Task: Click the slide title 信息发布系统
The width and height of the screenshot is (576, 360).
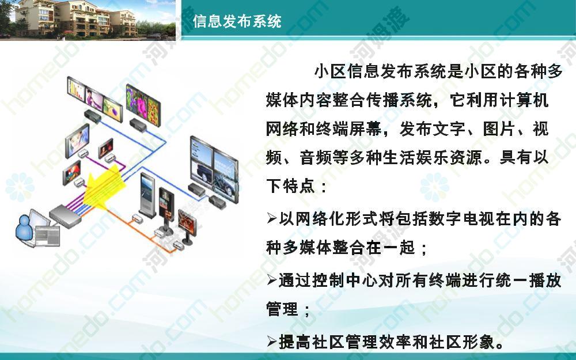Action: coord(237,21)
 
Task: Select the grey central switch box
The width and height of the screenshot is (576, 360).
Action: coord(65,217)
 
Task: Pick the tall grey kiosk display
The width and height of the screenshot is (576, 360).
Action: coord(147,196)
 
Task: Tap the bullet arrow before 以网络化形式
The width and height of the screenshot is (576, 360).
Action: coord(272,218)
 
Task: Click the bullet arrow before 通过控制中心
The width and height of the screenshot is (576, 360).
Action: coord(272,281)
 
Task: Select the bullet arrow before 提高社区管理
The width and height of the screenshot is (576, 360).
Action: coord(272,342)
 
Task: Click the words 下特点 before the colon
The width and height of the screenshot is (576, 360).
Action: coord(290,186)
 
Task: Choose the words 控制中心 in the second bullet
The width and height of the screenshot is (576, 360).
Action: coord(343,281)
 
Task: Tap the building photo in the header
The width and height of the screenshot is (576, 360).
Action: coord(88,19)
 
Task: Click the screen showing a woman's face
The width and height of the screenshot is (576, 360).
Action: coord(78,141)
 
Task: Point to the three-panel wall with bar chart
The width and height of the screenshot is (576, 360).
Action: coord(95,99)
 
